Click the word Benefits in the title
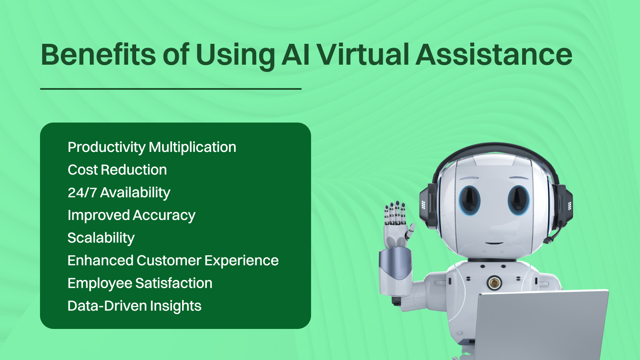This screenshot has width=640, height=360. [x=98, y=55]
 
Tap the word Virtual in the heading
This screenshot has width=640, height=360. [x=363, y=55]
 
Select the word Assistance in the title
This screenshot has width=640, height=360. [x=494, y=55]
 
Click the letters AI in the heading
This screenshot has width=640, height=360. [x=295, y=55]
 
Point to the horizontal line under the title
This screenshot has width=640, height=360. [x=171, y=89]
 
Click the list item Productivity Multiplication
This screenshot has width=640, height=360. [x=152, y=147]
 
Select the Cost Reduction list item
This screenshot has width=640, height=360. [x=117, y=170]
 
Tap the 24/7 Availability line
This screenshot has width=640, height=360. [x=119, y=192]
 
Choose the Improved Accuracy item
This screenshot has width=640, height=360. [x=131, y=215]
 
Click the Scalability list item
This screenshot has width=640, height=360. [x=101, y=238]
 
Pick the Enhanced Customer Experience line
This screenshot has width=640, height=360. [x=173, y=260]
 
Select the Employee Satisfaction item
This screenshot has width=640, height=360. [x=140, y=283]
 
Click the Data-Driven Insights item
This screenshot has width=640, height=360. [x=134, y=306]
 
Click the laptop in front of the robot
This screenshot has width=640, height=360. [x=540, y=323]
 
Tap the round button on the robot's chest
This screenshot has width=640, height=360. [x=494, y=282]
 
